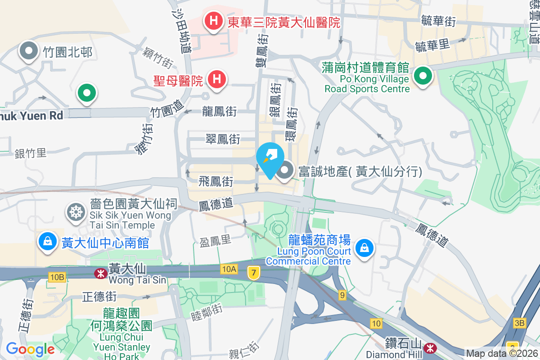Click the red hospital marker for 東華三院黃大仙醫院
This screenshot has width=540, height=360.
click(x=212, y=21)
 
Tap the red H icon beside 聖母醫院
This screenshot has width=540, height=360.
click(x=216, y=80)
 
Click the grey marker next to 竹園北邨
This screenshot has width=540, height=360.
click(x=30, y=52)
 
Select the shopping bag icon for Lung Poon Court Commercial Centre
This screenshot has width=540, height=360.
click(x=364, y=248)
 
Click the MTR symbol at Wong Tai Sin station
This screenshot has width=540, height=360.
click(x=100, y=273)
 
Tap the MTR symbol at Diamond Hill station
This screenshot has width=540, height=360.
click(x=430, y=347)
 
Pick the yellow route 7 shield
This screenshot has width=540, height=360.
click(x=254, y=272)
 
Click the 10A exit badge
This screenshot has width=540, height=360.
click(x=229, y=269)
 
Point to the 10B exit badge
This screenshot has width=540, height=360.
click(x=58, y=277)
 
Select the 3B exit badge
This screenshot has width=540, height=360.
click(x=520, y=323)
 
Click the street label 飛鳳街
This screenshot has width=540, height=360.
click(x=216, y=182)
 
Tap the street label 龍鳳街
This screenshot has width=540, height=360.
click(x=219, y=111)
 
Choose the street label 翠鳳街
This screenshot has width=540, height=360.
click(x=223, y=139)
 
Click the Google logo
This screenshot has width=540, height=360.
click(x=30, y=349)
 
